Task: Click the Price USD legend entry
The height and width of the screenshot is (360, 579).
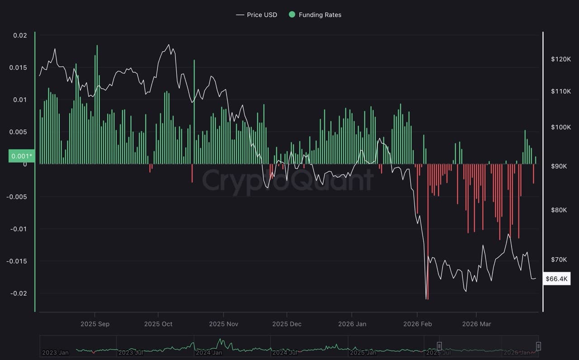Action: [x=256, y=15]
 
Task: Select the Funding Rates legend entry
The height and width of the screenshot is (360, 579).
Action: [x=315, y=15]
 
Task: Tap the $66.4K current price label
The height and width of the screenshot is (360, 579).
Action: [x=557, y=279]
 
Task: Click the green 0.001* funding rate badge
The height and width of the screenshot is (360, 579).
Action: [x=21, y=156]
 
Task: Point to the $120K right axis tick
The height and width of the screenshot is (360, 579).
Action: [x=561, y=59]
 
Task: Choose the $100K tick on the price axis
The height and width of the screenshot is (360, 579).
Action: [x=561, y=127]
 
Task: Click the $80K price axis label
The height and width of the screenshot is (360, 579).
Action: [x=561, y=210]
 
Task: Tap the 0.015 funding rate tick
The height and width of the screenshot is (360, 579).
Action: [x=18, y=67]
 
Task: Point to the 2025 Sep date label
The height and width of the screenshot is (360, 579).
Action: [x=95, y=324]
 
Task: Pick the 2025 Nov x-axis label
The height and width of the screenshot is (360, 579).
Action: [x=223, y=324]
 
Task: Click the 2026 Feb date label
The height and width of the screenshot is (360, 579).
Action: [x=417, y=324]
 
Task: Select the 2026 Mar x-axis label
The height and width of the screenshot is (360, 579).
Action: [x=476, y=324]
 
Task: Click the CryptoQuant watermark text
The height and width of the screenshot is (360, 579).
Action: [x=288, y=180]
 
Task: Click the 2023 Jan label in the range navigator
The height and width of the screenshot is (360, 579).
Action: [x=55, y=352]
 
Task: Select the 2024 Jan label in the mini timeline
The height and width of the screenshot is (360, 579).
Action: [x=209, y=352]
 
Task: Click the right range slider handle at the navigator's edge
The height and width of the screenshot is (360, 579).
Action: [x=538, y=346]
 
